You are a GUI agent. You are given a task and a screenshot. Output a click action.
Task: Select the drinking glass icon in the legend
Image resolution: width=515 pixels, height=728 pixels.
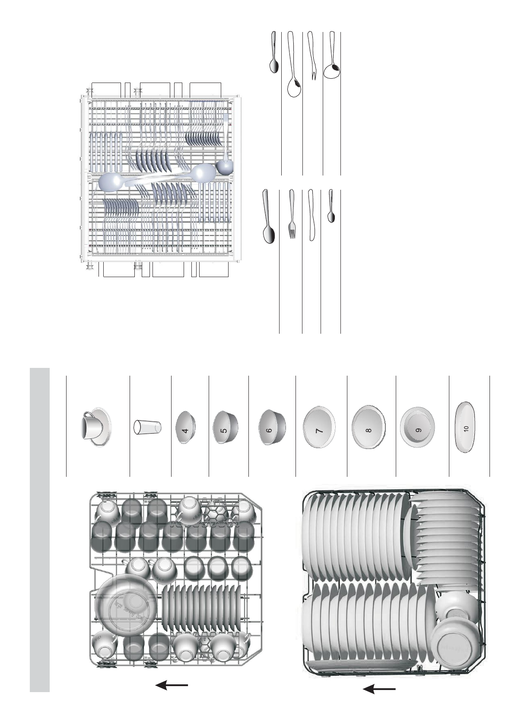(147, 427)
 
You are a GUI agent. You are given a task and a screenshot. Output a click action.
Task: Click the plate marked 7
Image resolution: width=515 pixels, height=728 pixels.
(319, 431)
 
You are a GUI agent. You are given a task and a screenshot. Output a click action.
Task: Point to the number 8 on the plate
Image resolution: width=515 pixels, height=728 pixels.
(368, 431)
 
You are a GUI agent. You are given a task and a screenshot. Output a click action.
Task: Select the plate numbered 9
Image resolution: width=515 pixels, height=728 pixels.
(418, 430)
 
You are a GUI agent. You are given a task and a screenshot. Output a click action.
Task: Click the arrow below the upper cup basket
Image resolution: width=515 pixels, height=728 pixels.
(172, 685)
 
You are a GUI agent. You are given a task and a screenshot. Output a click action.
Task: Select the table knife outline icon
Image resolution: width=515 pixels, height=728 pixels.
(311, 215)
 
